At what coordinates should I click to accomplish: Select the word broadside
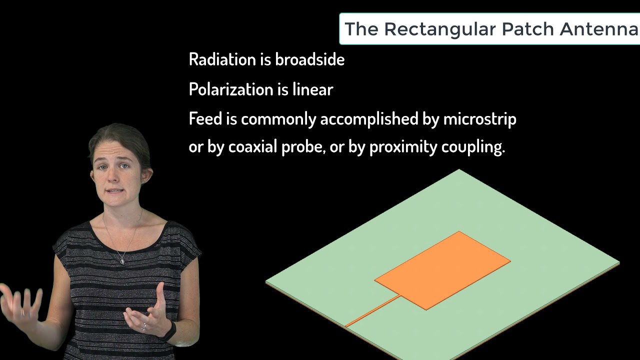coord(309,59)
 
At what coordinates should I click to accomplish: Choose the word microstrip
coord(479,119)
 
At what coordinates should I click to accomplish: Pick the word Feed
coord(204,119)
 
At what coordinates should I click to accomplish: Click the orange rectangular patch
coord(442,270)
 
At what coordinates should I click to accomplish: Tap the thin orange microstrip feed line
coord(372,312)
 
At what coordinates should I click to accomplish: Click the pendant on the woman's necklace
coord(122,260)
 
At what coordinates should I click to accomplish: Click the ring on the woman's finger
coord(143,326)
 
